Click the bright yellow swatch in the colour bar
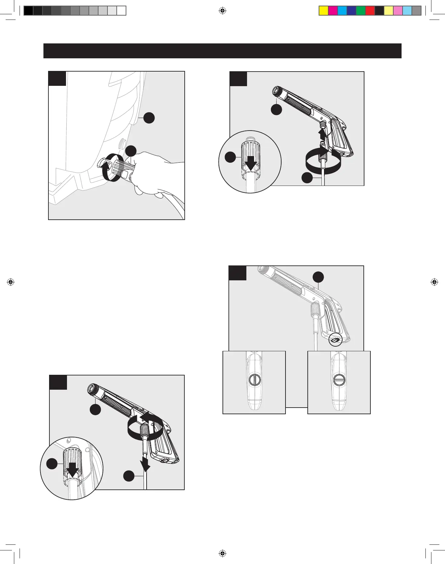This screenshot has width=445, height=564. coord(323,11)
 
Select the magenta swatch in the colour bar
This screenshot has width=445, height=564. coord(333,11)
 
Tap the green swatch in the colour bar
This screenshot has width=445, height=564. coord(360,11)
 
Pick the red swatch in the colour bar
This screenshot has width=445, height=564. coord(370,11)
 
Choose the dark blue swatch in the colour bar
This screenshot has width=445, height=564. coord(351,11)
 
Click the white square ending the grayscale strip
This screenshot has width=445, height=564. coord(121,11)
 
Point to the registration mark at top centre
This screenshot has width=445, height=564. coord(222,11)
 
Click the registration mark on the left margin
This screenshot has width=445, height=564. coord(11,282)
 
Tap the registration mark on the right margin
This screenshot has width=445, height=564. coord(434,282)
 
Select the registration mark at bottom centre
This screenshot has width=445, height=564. coord(222,553)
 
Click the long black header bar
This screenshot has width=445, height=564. coord(222,51)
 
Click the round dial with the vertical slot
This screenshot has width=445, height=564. coord(254,380)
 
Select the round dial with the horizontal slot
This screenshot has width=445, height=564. coord(339,380)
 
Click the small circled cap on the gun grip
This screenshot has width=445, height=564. coord(335,340)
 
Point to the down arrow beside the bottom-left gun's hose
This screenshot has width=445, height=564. coord(145,464)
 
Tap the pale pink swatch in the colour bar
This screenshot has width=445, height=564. coord(398,11)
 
